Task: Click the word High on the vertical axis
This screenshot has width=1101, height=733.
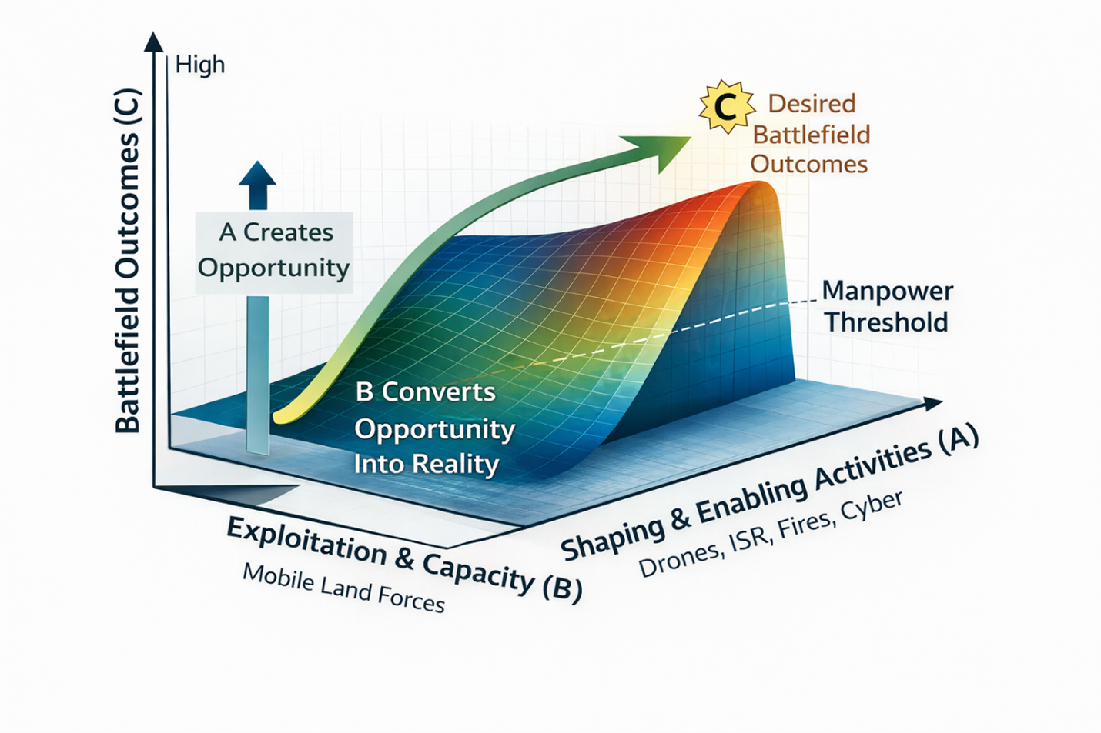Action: point(200,65)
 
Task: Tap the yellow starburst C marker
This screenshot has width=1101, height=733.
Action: point(725,107)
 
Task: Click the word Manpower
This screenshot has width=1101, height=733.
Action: point(887,292)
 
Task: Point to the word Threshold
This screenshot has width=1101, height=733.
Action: point(886,322)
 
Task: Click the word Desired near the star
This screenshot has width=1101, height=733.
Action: point(812,104)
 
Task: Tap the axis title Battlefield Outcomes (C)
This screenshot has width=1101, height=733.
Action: point(129,262)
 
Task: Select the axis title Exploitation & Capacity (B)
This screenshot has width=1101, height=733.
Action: point(404,558)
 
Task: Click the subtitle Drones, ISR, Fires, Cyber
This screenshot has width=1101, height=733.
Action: point(770,534)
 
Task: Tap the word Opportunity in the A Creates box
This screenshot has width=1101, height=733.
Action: point(273,268)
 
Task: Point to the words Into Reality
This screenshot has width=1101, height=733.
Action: point(426,464)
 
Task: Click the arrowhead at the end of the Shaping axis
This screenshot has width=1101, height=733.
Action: point(933,403)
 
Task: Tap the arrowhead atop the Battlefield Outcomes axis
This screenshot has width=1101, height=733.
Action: point(155,42)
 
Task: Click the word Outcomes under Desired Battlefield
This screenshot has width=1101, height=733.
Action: point(808,164)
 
